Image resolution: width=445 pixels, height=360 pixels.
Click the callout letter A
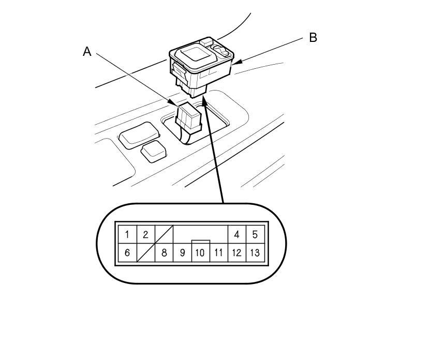(x=87, y=51)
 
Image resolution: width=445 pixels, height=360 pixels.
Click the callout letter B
(x=313, y=38)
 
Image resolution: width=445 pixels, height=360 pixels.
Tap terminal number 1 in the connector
(x=127, y=234)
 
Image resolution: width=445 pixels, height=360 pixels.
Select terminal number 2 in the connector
(x=145, y=234)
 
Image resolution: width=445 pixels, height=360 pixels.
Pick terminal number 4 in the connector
(x=236, y=234)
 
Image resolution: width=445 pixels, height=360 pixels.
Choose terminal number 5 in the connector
(x=255, y=234)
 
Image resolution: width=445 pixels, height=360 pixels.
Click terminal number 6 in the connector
(x=127, y=253)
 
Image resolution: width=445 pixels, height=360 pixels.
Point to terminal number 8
(x=164, y=253)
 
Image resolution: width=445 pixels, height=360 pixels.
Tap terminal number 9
(x=182, y=253)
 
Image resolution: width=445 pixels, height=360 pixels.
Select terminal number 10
(x=200, y=253)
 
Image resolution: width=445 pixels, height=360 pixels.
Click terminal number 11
(x=218, y=253)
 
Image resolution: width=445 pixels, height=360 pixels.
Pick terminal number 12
(x=236, y=253)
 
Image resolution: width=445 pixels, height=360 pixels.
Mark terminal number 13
(x=255, y=253)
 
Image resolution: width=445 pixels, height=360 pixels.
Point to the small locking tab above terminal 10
(x=200, y=242)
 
